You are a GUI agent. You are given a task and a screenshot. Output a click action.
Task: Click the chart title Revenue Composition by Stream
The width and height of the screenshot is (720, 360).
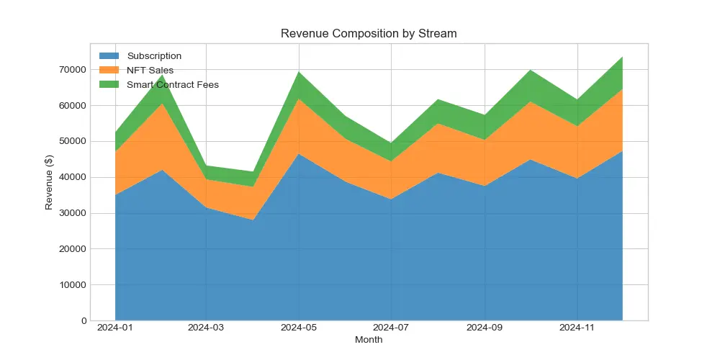pyautogui.click(x=369, y=34)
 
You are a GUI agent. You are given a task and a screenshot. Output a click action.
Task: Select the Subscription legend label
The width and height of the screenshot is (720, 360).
pyautogui.click(x=154, y=56)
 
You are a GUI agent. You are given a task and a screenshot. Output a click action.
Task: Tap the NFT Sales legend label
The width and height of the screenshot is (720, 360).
pyautogui.click(x=150, y=70)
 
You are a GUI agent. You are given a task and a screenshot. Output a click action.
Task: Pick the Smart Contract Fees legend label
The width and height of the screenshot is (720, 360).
pyautogui.click(x=173, y=84)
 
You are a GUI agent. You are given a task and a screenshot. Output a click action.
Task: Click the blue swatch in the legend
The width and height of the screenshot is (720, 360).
pyautogui.click(x=109, y=56)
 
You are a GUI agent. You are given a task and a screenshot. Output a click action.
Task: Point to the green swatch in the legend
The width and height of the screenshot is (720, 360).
pyautogui.click(x=109, y=84)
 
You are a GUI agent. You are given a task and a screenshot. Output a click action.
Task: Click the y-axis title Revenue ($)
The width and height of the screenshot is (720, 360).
pyautogui.click(x=49, y=181)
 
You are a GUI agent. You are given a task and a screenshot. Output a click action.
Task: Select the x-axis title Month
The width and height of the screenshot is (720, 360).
pyautogui.click(x=369, y=340)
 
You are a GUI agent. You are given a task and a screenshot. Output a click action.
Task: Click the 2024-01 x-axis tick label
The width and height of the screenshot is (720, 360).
pyautogui.click(x=114, y=328)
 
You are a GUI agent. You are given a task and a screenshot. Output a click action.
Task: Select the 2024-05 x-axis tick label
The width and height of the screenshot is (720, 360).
pyautogui.click(x=299, y=328)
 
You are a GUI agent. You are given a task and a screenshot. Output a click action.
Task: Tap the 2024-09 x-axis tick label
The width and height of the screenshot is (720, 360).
pyautogui.click(x=485, y=328)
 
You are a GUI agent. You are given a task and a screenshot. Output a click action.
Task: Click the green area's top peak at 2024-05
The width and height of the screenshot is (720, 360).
pyautogui.click(x=299, y=71)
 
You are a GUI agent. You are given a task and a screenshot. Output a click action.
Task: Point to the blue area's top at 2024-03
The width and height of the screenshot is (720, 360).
pyautogui.click(x=207, y=207)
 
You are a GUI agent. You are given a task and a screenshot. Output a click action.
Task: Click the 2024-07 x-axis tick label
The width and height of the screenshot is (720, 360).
pyautogui.click(x=391, y=328)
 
